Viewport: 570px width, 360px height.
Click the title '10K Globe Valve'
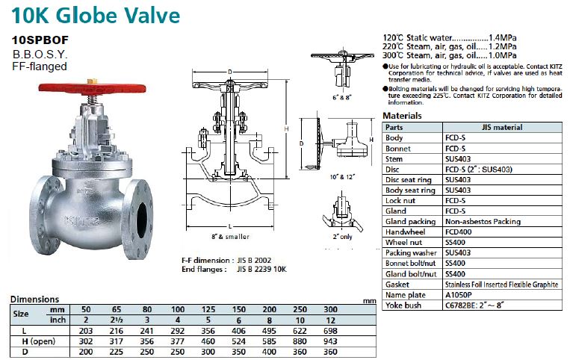(x=96, y=14)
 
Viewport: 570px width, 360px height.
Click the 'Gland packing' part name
(x=410, y=221)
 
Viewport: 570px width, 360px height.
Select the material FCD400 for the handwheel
(x=459, y=232)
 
